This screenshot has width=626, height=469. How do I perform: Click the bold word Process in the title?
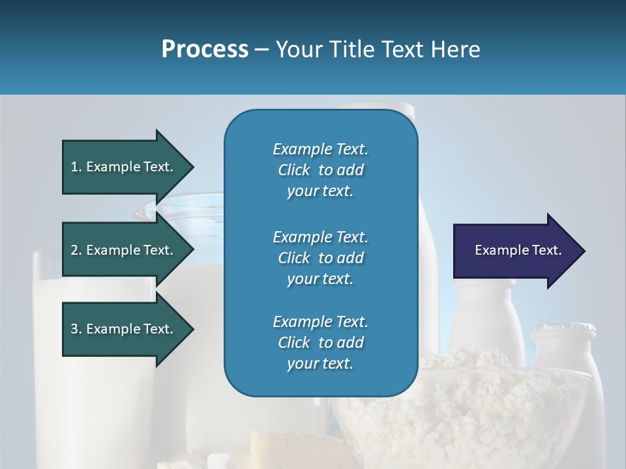tap(205, 50)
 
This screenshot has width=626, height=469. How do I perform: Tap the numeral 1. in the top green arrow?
tap(76, 167)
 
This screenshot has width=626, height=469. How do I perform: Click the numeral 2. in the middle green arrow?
tap(76, 250)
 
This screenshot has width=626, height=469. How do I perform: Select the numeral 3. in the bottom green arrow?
tap(76, 329)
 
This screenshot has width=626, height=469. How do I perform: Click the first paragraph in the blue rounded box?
tap(320, 170)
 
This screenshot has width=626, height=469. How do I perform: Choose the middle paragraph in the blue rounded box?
tap(320, 258)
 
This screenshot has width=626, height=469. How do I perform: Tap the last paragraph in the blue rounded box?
tap(320, 343)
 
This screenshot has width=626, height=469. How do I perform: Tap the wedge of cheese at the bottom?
tap(287, 449)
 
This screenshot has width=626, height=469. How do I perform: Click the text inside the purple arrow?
tap(518, 250)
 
